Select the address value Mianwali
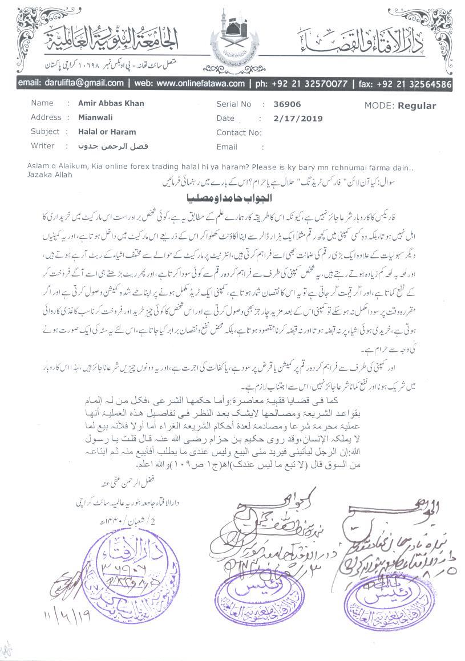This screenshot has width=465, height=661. [95, 118]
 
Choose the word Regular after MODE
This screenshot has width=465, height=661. [417, 106]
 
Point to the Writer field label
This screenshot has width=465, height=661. [43, 146]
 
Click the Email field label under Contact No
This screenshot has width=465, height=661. [227, 147]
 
